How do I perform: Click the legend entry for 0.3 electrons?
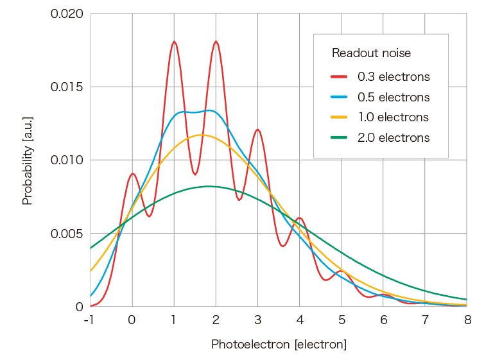click(393, 77)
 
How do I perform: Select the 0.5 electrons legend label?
click(393, 98)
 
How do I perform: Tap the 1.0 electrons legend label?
click(393, 117)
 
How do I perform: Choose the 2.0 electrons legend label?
click(393, 137)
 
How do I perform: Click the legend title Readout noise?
click(371, 53)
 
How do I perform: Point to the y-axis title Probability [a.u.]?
click(27, 160)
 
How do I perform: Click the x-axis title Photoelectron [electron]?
click(279, 345)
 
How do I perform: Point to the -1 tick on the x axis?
click(89, 320)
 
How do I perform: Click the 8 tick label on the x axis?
click(467, 320)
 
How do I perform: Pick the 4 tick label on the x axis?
click(300, 320)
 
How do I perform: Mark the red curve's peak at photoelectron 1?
click(174, 42)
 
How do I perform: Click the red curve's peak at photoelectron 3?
click(257, 130)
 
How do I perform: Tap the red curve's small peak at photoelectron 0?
click(132, 173)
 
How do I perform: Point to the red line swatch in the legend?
click(339, 77)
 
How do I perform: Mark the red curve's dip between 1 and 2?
click(195, 174)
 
